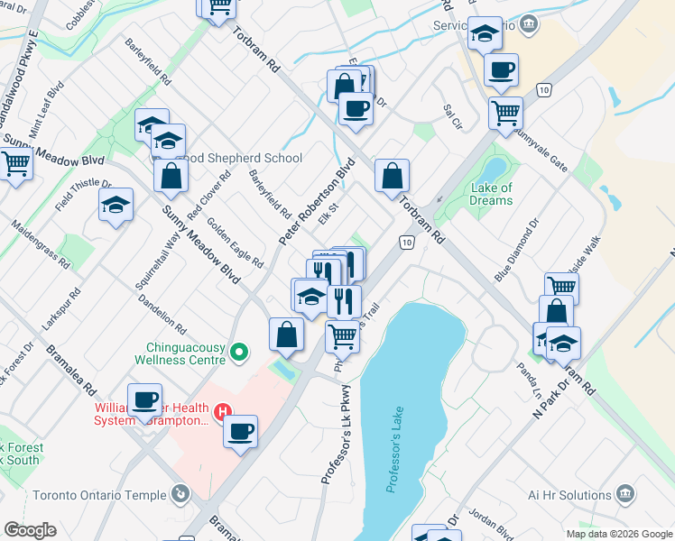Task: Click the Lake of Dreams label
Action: pos(492,194)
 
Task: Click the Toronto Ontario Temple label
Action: pos(99,495)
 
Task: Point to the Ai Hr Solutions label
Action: pos(571,495)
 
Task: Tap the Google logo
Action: pos(30,530)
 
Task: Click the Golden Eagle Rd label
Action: pos(236,243)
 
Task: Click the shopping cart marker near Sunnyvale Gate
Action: pos(505,114)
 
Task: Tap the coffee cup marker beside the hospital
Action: pos(240,432)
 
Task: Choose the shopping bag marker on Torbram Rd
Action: pos(392,178)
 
